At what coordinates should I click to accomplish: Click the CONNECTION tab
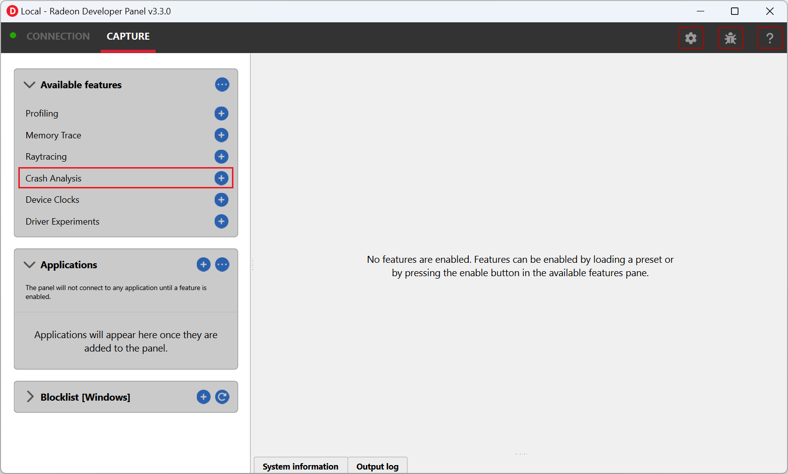pos(58,36)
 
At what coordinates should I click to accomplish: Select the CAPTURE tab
pos(128,36)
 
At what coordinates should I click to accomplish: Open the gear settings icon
pos(691,38)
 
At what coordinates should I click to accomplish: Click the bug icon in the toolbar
pos(731,38)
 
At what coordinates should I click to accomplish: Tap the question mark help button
pos(770,38)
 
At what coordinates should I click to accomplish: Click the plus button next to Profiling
pos(221,114)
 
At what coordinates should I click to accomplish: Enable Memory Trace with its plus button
pos(221,135)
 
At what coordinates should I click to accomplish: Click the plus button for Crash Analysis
pos(221,178)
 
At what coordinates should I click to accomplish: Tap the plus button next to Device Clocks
pos(221,200)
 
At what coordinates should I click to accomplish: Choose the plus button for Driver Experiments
pos(221,221)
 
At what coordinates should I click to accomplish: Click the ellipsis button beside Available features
pos(222,84)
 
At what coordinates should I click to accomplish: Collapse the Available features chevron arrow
pos(29,85)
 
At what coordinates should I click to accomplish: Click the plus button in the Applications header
pos(203,265)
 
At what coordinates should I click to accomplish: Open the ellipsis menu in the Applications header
pos(222,265)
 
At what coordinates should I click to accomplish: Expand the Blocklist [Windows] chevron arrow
pos(30,397)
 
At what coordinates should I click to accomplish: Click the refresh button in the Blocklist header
pos(222,397)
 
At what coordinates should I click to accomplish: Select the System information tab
pos(300,466)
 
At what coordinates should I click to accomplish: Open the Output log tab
pos(377,466)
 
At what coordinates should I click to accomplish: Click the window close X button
pos(770,11)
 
